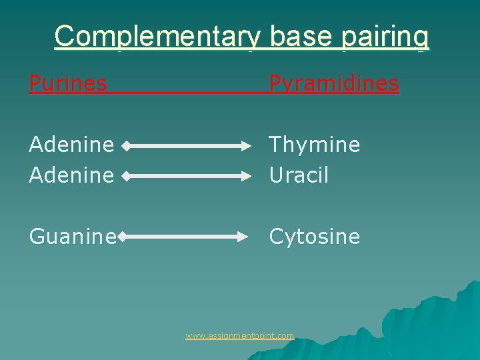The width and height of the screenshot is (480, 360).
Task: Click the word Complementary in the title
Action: pyautogui.click(x=159, y=36)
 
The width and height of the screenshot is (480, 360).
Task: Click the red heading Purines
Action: pyautogui.click(x=67, y=83)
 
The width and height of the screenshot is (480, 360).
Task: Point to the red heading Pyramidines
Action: pyautogui.click(x=333, y=83)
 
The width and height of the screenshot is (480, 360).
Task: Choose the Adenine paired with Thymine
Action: pyautogui.click(x=72, y=145)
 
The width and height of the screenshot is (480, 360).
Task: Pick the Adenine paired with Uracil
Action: pyautogui.click(x=72, y=175)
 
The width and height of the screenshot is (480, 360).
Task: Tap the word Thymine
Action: pyautogui.click(x=314, y=145)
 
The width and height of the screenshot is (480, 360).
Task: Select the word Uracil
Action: pyautogui.click(x=299, y=175)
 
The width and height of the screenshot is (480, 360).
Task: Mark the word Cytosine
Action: pyautogui.click(x=314, y=237)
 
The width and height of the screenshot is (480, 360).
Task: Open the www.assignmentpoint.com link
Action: pyautogui.click(x=239, y=336)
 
